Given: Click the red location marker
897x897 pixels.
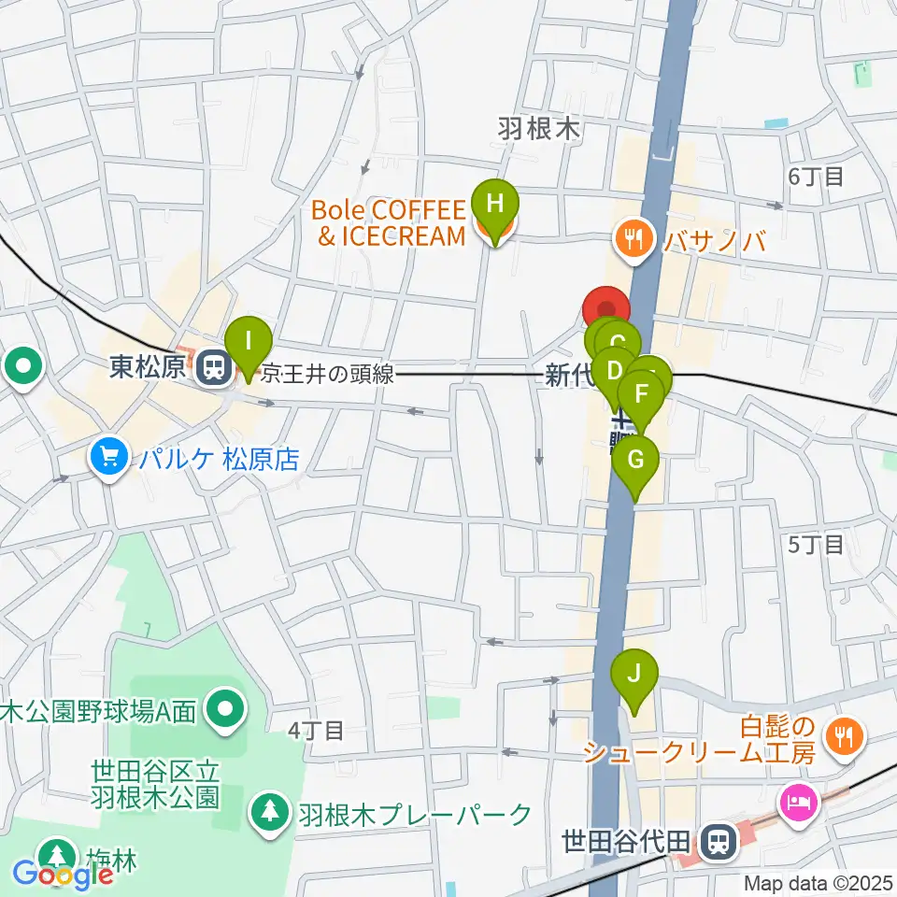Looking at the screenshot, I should pos(606,311).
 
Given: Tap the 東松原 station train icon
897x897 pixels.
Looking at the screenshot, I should pos(215,367).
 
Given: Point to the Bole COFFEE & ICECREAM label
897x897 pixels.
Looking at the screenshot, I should pos(391,222).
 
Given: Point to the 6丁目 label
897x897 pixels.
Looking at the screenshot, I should pos(816,175).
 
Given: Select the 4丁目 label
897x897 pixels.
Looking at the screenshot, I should pos(316,730).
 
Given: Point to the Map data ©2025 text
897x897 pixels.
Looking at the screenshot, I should pos(819,882).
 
